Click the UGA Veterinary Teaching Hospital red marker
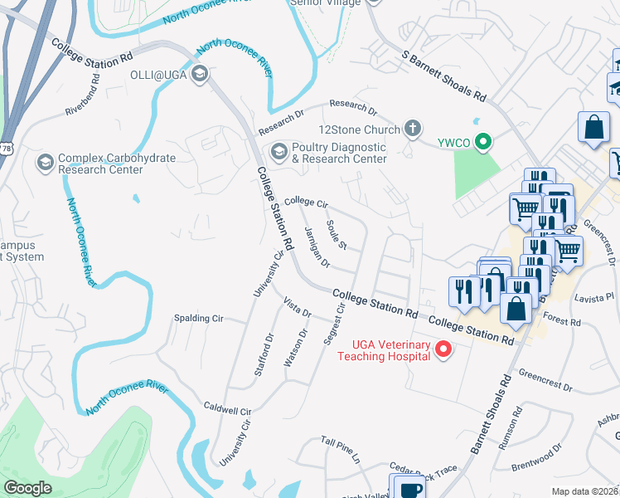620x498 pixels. click(x=443, y=349)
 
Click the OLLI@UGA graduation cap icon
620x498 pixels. click(x=199, y=76)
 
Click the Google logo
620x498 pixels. click(x=28, y=488)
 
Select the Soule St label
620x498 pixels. click(x=336, y=235)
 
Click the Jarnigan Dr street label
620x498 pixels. click(x=317, y=247)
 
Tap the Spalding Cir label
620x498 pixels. click(x=200, y=318)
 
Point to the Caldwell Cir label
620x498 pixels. click(x=227, y=410)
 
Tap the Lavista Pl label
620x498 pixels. click(x=595, y=295)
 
